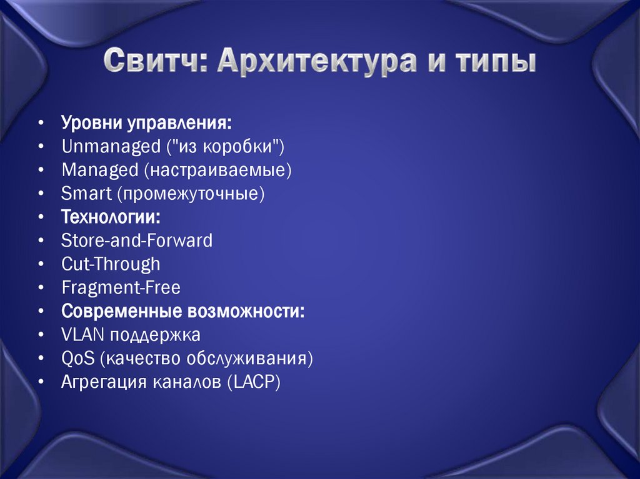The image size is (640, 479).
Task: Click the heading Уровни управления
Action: tap(146, 123)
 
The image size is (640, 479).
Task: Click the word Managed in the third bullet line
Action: tap(91, 170)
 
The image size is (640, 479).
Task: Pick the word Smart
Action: tap(86, 194)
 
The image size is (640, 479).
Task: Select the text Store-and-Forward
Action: tap(137, 240)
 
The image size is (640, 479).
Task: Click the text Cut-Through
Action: tap(111, 264)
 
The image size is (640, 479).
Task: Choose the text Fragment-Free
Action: tap(121, 287)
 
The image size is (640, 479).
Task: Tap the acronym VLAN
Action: tap(83, 335)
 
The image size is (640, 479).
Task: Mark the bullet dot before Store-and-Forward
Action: tap(40, 241)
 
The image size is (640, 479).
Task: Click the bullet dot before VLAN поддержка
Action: tap(40, 335)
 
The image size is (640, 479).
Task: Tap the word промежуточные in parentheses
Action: tap(190, 194)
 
